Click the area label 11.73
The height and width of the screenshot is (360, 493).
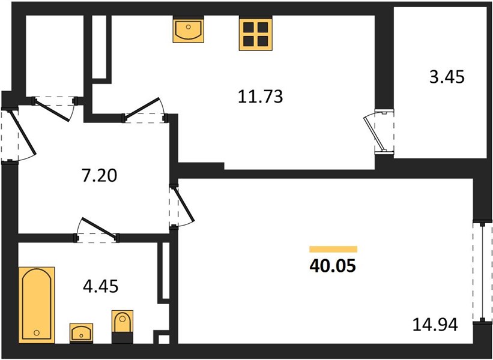tap(261, 97)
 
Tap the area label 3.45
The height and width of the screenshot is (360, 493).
tap(447, 77)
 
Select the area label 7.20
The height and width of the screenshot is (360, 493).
tap(99, 175)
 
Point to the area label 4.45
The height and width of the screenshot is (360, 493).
tap(101, 286)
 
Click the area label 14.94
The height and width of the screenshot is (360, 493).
tap(435, 325)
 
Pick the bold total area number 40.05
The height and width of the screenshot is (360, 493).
tap(333, 266)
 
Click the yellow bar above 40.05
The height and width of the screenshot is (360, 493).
tap(333, 249)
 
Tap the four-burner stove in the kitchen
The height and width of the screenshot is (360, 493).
tap(256, 34)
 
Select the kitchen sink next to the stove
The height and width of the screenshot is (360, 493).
tap(189, 30)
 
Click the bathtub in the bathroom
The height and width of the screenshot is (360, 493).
tap(37, 305)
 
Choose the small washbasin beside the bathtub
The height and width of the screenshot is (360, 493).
tap(81, 332)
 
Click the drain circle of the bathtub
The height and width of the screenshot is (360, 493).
tap(37, 332)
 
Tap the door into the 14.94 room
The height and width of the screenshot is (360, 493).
tap(184, 204)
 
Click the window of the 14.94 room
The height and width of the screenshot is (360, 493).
tap(483, 272)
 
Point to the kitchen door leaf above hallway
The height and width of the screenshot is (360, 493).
tap(142, 108)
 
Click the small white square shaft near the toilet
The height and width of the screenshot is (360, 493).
tap(163, 340)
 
